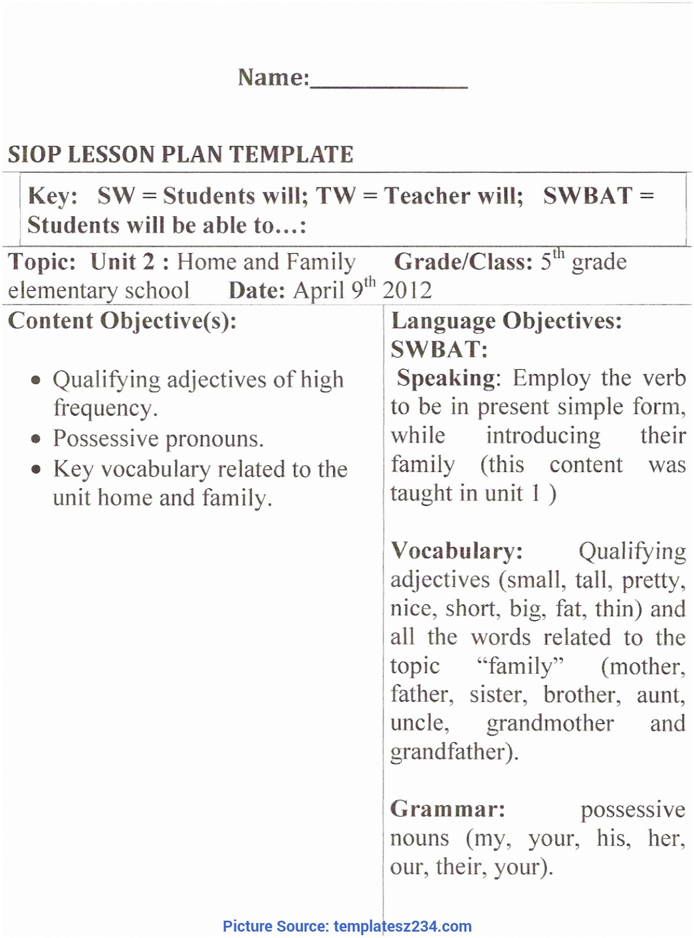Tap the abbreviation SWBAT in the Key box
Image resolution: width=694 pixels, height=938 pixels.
pos(588,196)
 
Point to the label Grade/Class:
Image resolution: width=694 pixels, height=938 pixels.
pos(463,262)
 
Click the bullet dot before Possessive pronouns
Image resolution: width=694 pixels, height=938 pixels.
pos(36,439)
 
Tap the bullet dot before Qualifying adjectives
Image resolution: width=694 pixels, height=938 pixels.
pos(36,380)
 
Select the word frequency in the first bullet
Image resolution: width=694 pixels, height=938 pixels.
pos(105,409)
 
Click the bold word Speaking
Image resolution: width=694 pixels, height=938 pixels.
pos(446,379)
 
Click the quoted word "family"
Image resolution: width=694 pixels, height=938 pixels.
pos(520,666)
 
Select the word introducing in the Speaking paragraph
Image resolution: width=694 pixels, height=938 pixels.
pos(543,436)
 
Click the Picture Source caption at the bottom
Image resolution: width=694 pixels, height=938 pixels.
pos(347,926)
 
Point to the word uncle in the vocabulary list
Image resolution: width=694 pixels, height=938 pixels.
pos(419,724)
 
